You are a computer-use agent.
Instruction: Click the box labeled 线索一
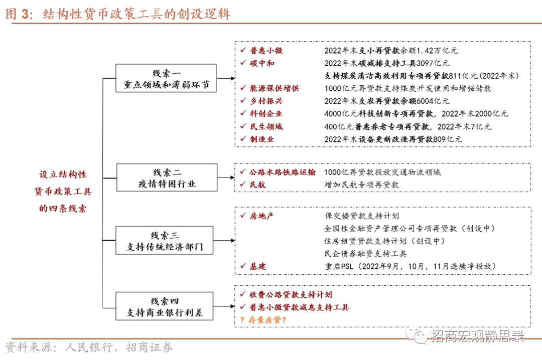(x=166, y=79)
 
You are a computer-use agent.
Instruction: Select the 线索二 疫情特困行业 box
(x=166, y=177)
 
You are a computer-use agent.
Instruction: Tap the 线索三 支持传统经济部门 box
(x=166, y=241)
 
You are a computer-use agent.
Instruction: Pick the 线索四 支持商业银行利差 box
(x=166, y=307)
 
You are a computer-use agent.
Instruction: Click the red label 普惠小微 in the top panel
(x=266, y=51)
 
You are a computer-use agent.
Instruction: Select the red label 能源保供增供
(x=274, y=88)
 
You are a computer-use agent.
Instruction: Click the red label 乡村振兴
(x=266, y=101)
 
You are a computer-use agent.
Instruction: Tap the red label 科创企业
(x=266, y=114)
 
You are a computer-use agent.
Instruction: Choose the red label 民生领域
(x=266, y=126)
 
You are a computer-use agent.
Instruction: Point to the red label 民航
(x=258, y=185)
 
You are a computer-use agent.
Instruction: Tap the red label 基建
(x=258, y=266)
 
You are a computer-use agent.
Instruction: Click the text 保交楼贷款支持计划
(x=362, y=216)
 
